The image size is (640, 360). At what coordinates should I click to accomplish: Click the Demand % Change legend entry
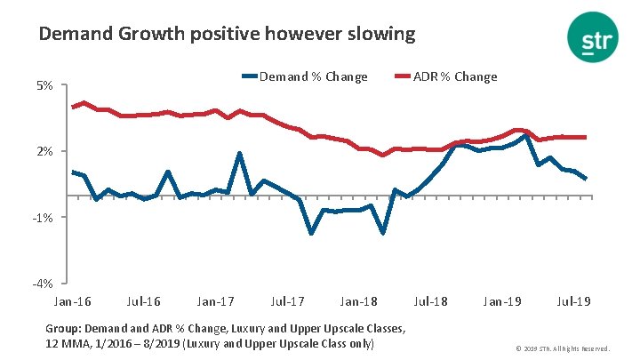[312, 76]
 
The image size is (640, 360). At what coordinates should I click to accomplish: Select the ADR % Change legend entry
[455, 76]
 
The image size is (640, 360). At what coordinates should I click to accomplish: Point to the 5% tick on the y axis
[44, 85]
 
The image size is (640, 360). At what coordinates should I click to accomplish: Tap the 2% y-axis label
[44, 152]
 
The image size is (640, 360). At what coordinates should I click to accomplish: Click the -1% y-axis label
[44, 218]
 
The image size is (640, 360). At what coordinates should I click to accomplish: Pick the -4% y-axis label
[44, 284]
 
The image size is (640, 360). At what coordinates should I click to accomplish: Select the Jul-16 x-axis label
[143, 301]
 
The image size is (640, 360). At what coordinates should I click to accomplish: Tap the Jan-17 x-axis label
[215, 301]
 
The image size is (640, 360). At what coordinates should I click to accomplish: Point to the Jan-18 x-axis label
[359, 301]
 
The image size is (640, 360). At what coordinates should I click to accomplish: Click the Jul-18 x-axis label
[430, 301]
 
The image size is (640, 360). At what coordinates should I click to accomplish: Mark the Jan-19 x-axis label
[502, 301]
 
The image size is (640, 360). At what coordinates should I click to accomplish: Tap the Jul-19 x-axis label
[574, 301]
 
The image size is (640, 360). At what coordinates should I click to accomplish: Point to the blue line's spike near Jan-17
[240, 154]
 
